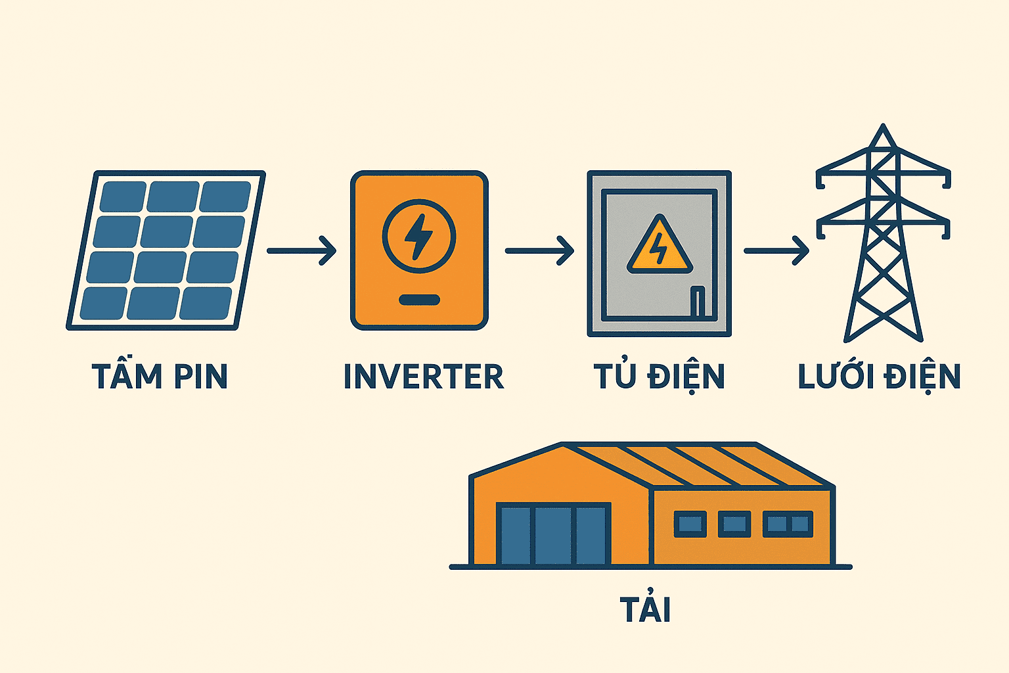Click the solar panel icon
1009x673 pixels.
click(166, 250)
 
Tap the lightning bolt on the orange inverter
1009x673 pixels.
click(418, 236)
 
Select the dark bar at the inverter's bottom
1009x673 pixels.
click(419, 300)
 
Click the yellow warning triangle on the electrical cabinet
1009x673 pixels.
click(659, 246)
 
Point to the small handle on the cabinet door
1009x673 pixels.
click(697, 301)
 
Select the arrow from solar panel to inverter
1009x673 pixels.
click(302, 250)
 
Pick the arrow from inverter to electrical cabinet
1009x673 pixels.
click(539, 250)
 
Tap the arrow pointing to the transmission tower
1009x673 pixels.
click(776, 250)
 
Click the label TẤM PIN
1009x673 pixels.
click(160, 376)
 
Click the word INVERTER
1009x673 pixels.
click(424, 377)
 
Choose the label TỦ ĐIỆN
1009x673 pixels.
click(659, 377)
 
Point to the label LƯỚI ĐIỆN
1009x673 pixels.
click(879, 377)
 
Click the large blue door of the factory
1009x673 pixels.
click(553, 534)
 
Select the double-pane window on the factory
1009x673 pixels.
click(788, 524)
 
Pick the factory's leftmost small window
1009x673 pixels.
click(690, 524)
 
